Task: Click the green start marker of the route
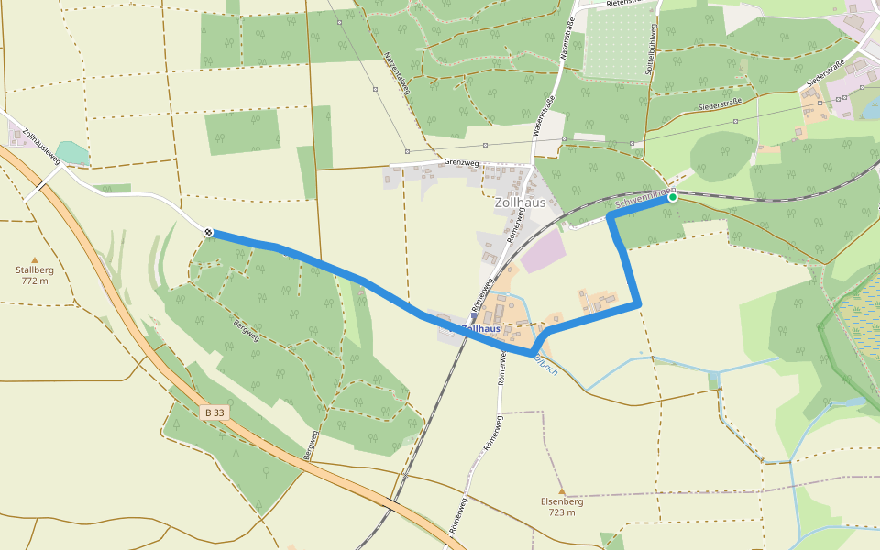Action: pos(672,197)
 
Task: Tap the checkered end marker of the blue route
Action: pos(209,233)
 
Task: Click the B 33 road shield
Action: pos(214,412)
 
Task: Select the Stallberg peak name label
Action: pos(35,270)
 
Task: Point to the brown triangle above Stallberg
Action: pos(35,259)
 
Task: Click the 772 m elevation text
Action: pos(35,281)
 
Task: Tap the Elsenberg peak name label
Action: pos(562,501)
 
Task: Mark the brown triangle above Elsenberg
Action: pos(562,490)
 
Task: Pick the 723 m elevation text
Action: pos(562,512)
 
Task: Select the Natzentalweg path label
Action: pos(397,73)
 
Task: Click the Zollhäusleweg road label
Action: pos(41,145)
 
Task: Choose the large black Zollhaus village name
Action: pos(520,203)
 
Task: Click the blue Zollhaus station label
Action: pos(482,328)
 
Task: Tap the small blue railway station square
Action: pos(474,319)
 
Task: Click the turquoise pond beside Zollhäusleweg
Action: pos(72,152)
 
